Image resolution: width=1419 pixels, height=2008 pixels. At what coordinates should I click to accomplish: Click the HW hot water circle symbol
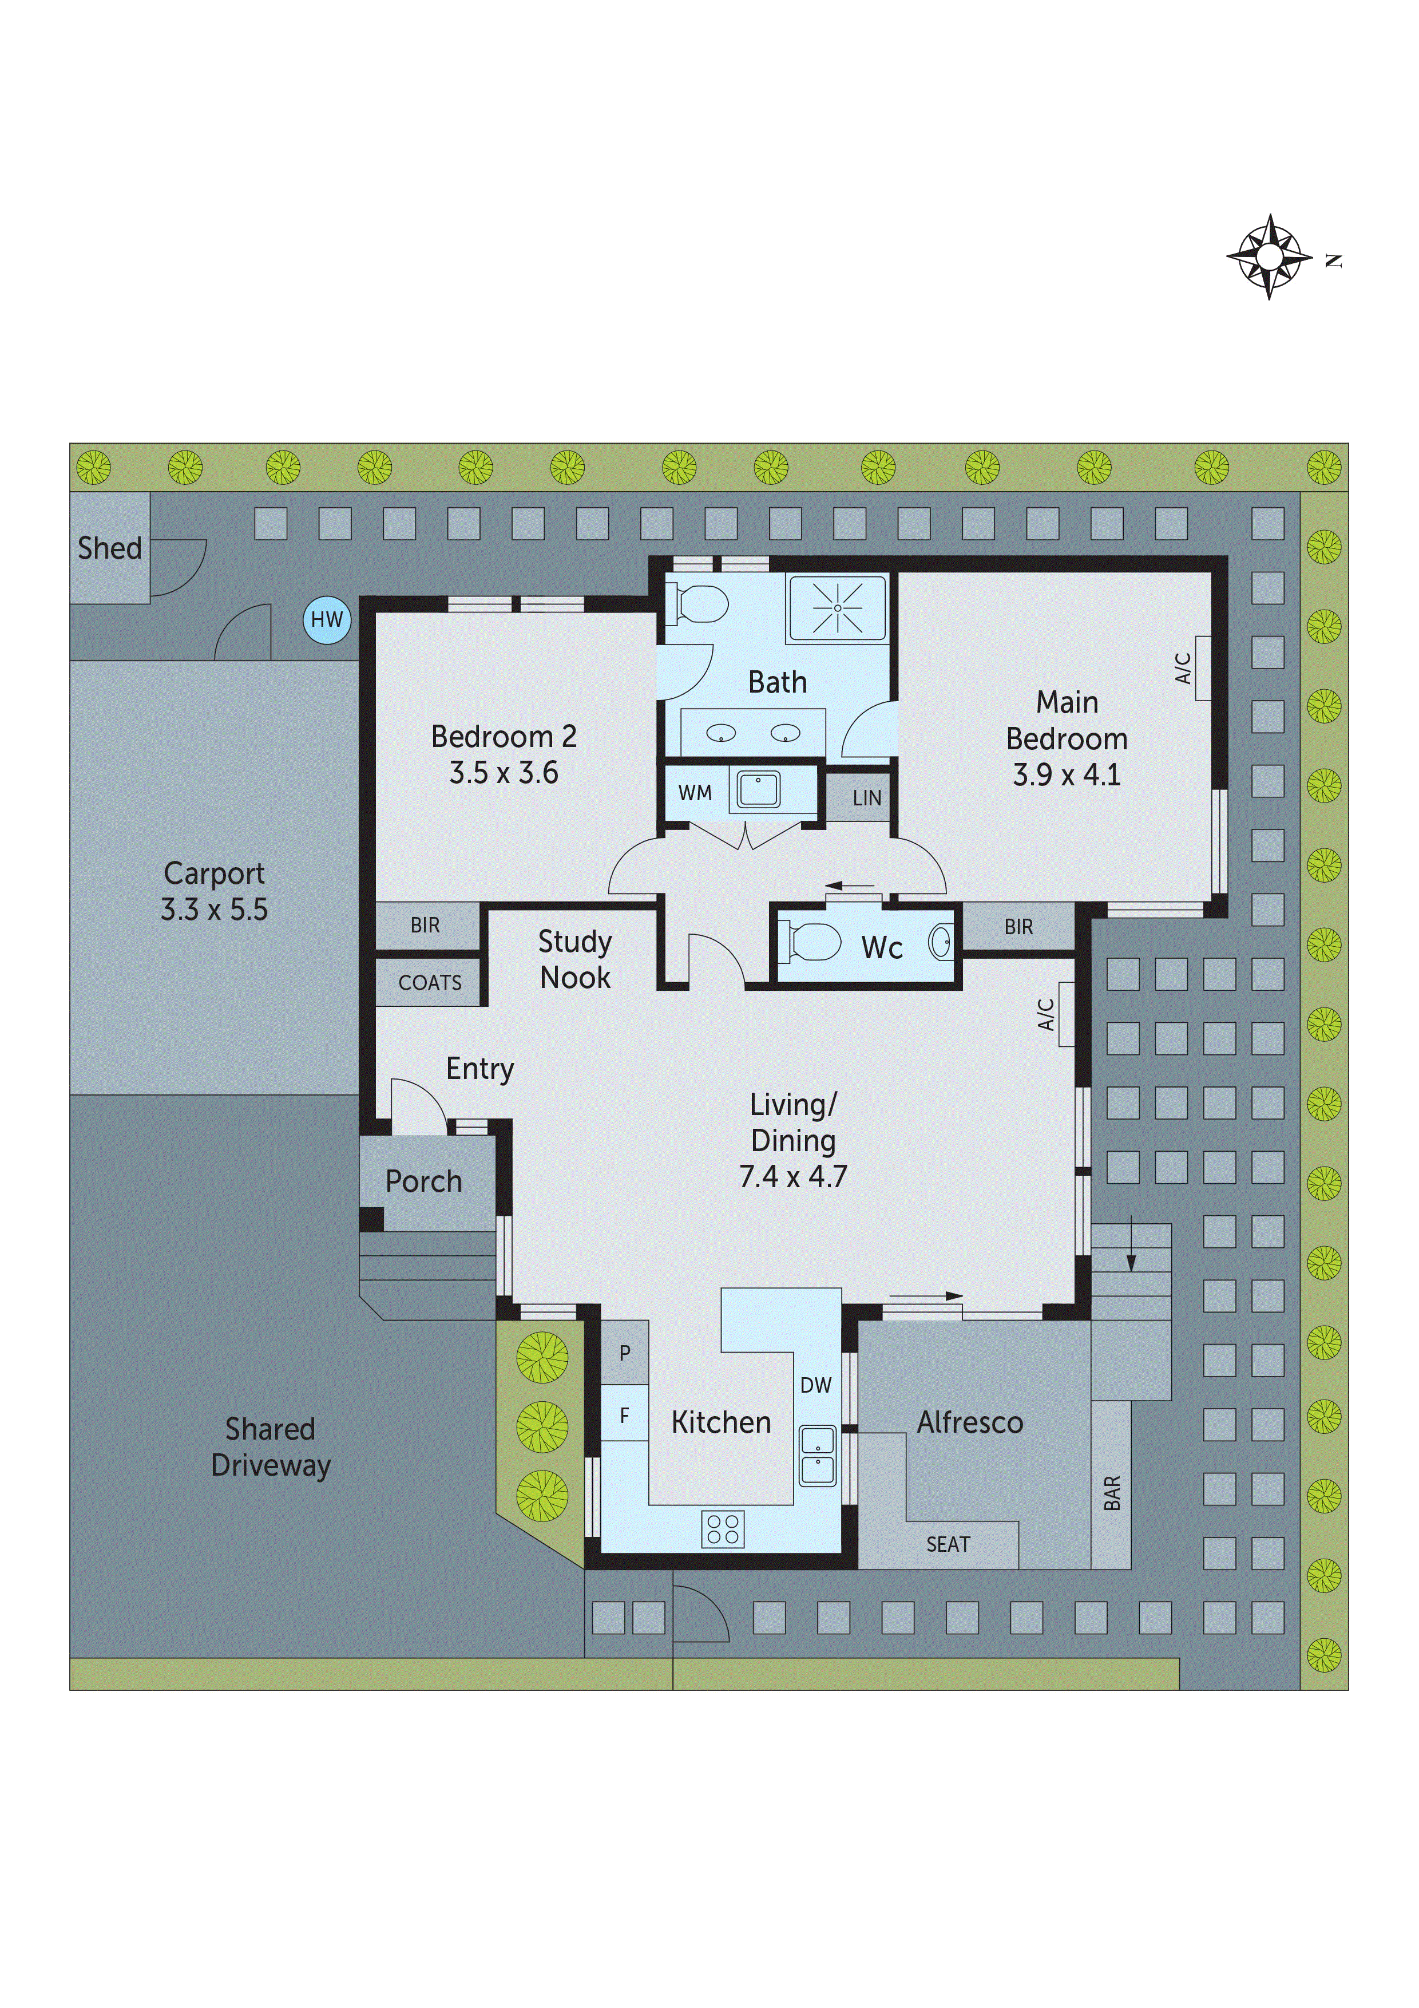click(327, 620)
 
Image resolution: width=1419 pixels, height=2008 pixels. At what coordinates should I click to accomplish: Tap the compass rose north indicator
click(1270, 257)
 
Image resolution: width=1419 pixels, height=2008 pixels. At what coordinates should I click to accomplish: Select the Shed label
click(109, 548)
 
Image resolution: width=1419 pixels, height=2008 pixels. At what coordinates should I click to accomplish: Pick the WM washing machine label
click(695, 793)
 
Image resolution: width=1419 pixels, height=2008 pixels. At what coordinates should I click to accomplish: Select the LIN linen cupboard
click(866, 797)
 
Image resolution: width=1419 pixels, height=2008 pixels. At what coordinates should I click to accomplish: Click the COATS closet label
click(429, 983)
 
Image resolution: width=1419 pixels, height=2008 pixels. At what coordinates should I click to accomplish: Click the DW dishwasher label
click(816, 1385)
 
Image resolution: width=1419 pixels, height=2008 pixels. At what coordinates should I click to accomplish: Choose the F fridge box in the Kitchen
click(624, 1416)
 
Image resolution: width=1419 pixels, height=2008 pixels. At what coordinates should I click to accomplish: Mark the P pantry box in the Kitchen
click(624, 1353)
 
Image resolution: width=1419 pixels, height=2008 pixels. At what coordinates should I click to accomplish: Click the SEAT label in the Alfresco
click(948, 1544)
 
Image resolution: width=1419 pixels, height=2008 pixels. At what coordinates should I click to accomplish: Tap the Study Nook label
click(574, 959)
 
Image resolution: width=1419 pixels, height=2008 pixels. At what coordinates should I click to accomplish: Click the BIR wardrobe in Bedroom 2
click(426, 925)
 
